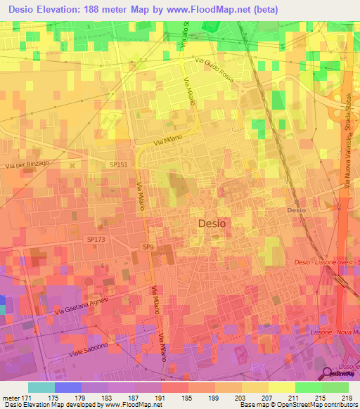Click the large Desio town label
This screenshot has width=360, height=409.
click(x=212, y=223)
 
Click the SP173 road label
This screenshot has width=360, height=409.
click(x=96, y=240)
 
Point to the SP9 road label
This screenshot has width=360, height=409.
click(x=148, y=247)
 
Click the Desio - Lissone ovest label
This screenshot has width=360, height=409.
click(x=326, y=262)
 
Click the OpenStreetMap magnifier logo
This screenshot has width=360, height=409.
click(x=328, y=374)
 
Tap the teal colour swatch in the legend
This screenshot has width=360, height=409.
click(x=41, y=387)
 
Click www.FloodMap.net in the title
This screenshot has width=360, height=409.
click(x=217, y=9)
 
